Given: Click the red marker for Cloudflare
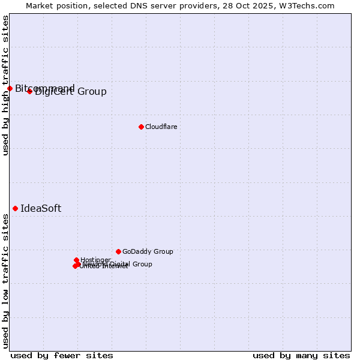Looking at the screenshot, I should click(x=141, y=127).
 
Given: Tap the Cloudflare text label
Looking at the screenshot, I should click(x=161, y=127).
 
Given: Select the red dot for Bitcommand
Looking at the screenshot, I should click(x=10, y=89).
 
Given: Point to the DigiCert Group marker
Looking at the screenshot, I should click(x=29, y=91).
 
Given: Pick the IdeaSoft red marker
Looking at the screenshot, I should click(x=15, y=208).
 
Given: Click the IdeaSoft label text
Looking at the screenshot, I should click(x=41, y=209).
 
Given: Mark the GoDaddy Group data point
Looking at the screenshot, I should click(x=118, y=251).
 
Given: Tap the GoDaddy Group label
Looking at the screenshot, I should click(x=148, y=252).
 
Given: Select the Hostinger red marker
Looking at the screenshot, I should click(x=77, y=260).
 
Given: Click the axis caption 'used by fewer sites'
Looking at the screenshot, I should click(x=62, y=356).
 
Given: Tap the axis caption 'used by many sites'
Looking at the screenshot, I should click(x=301, y=356).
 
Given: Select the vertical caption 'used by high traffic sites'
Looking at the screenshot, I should click(x=5, y=85).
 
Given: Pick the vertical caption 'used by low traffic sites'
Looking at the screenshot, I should click(x=5, y=281).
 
